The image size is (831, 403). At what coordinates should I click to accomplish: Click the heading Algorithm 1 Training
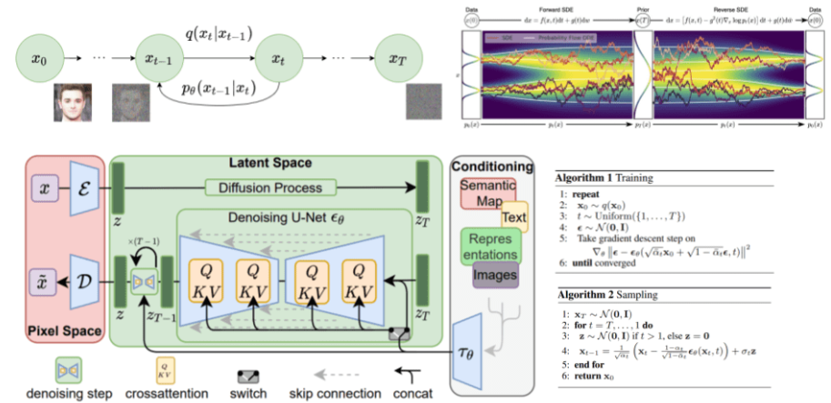pyautogui.click(x=619, y=175)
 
